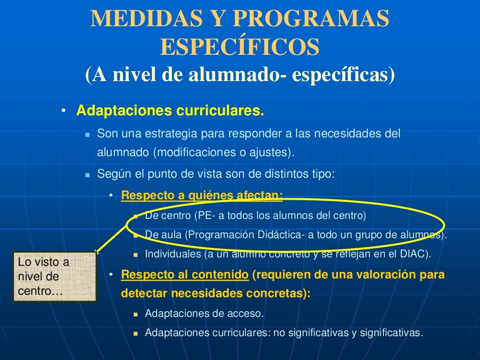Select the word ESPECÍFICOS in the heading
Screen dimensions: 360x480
[x=240, y=46]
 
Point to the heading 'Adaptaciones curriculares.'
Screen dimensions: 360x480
[x=170, y=112]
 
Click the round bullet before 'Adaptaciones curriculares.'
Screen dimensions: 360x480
[x=63, y=112]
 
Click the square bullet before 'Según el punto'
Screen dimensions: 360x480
[x=87, y=174]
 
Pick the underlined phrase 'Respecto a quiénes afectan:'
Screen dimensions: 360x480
[x=202, y=195]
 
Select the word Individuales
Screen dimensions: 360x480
[x=172, y=254]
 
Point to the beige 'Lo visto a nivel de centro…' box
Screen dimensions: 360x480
[x=54, y=277]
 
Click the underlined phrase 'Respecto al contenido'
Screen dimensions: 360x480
[x=185, y=275]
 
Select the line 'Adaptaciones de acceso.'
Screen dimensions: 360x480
[x=204, y=314]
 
